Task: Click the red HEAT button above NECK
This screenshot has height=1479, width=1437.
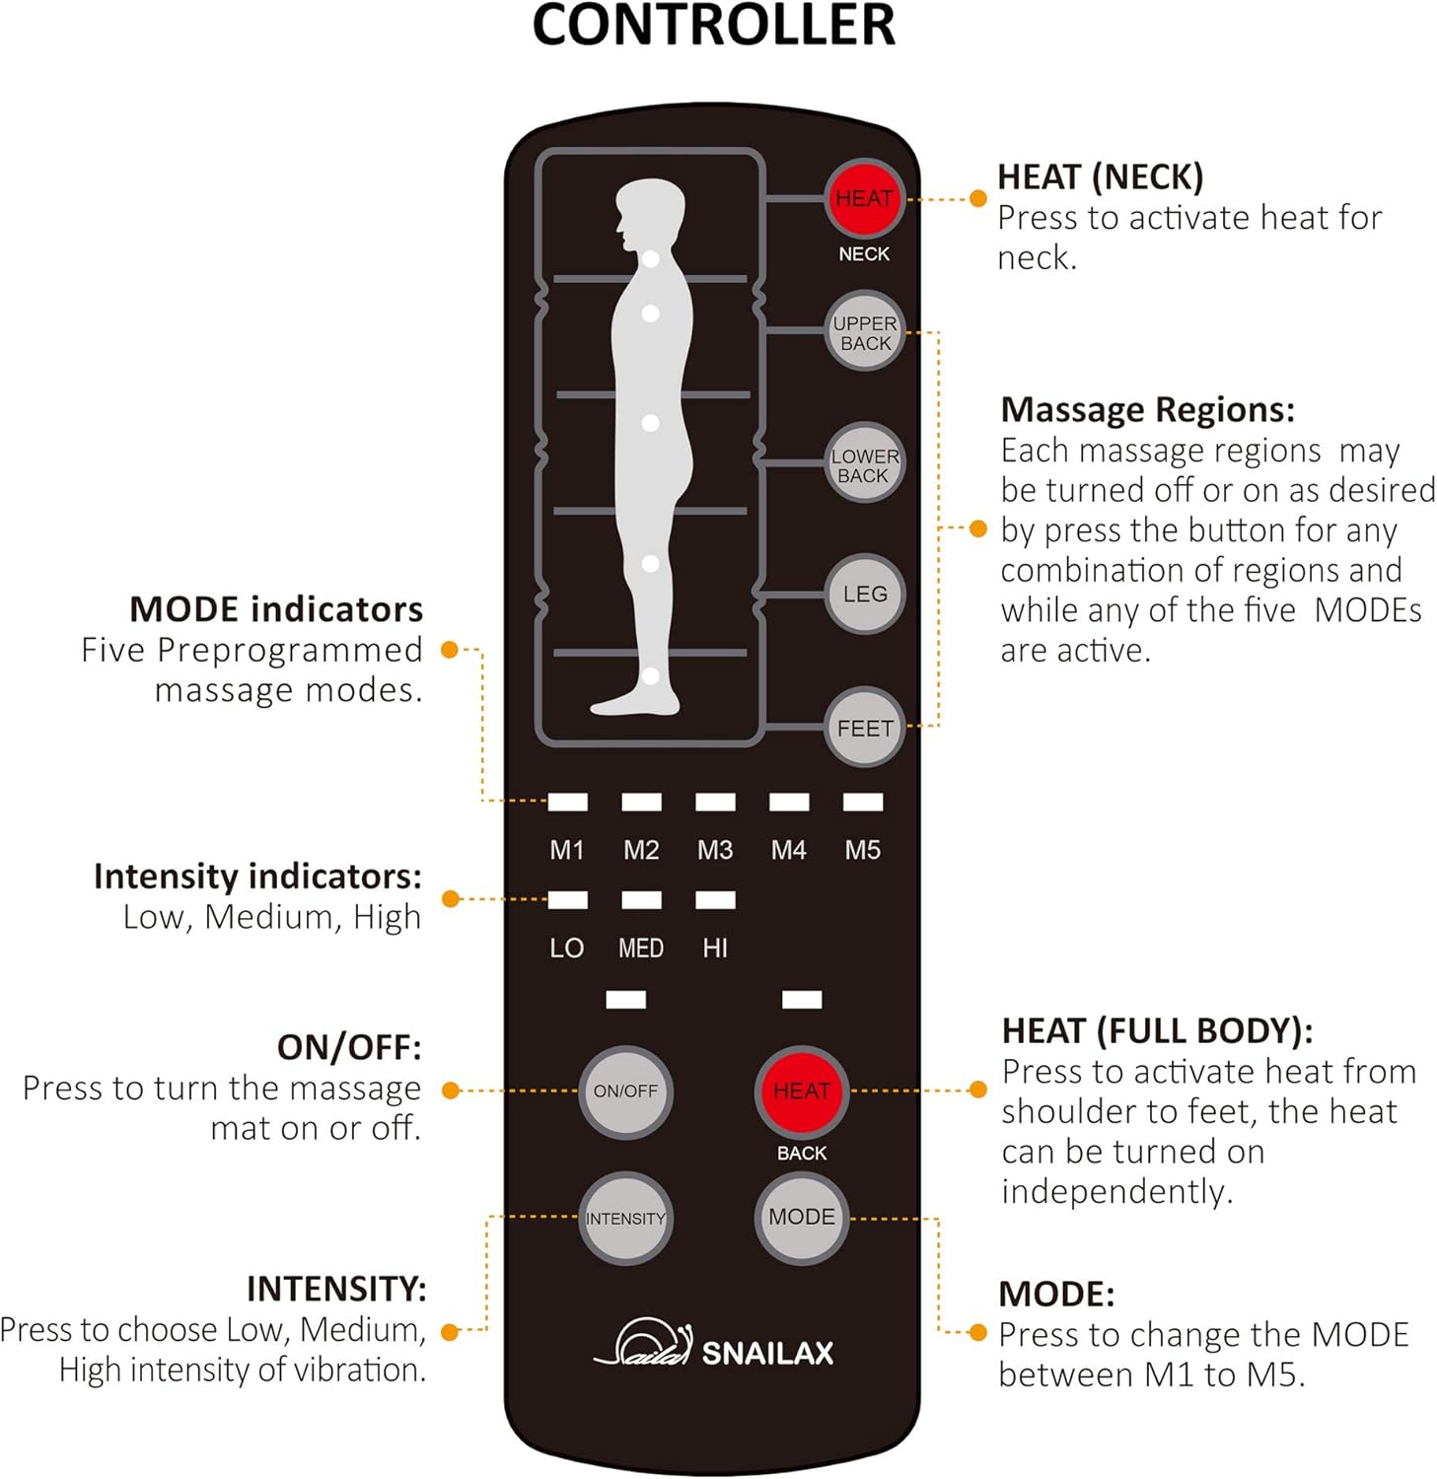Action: click(864, 198)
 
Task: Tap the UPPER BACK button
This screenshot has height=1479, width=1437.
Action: click(864, 332)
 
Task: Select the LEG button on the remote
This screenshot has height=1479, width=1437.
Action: click(864, 595)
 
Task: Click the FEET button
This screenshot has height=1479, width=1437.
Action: click(864, 729)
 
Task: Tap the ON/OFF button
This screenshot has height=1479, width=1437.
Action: click(625, 1092)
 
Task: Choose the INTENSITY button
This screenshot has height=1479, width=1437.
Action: click(625, 1219)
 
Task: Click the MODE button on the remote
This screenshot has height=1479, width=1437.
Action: click(801, 1218)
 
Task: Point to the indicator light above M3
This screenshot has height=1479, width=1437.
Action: click(715, 802)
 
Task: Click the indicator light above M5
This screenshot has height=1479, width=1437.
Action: click(863, 802)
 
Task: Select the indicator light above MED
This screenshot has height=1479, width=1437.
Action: click(641, 899)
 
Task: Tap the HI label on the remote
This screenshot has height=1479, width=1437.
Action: click(715, 949)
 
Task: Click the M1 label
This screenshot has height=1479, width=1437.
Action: click(567, 850)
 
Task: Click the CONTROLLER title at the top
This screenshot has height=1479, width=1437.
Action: click(713, 27)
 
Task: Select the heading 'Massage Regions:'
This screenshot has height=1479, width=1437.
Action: click(1147, 409)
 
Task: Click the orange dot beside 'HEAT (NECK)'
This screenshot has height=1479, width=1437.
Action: click(977, 198)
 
